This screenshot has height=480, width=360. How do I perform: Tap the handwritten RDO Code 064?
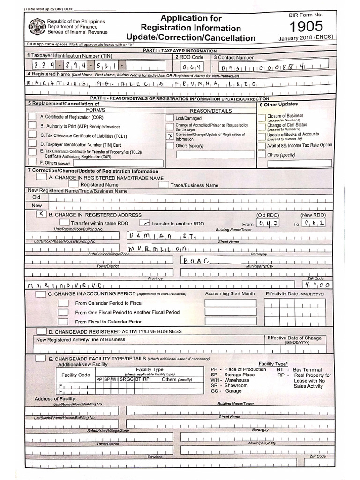[x=189, y=67]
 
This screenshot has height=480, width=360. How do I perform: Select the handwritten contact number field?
[x=259, y=67]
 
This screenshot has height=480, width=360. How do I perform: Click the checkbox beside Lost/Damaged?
[x=170, y=118]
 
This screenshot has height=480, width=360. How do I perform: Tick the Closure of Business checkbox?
[x=261, y=117]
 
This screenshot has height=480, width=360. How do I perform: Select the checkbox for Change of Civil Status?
[x=261, y=127]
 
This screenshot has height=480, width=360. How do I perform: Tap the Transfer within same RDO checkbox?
[x=65, y=223]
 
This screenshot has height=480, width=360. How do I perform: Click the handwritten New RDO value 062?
[x=314, y=223]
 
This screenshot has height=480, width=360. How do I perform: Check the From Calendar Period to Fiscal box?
[x=63, y=303]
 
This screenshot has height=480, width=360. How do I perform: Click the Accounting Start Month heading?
[x=230, y=294]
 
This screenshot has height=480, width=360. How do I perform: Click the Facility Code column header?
[x=75, y=375]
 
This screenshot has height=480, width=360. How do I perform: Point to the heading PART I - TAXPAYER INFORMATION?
[x=180, y=51]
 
